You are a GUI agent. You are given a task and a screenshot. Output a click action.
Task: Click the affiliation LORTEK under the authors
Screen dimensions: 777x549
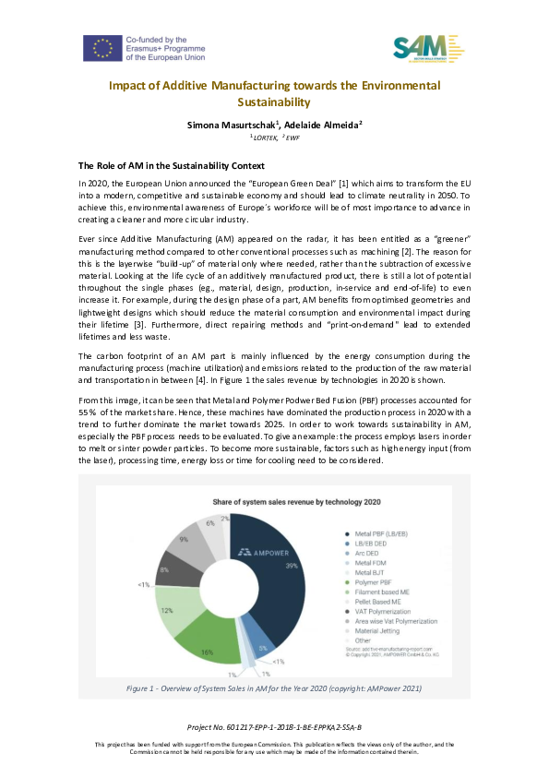coord(264,137)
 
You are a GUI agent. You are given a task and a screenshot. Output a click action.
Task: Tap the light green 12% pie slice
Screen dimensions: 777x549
coord(168,601)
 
